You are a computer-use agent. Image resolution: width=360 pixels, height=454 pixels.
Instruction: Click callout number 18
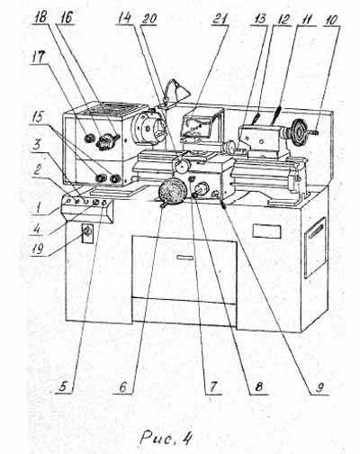tap(40, 17)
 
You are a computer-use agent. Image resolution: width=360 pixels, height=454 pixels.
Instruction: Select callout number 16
tap(66, 17)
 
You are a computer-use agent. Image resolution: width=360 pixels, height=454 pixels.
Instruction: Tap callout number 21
tap(220, 19)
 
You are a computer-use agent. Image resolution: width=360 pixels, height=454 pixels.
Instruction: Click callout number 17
tap(38, 57)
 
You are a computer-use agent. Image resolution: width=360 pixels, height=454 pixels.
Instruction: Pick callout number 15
tap(37, 117)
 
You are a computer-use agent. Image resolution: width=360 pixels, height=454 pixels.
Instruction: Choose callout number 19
tap(39, 248)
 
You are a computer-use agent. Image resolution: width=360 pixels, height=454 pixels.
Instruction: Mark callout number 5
tap(62, 386)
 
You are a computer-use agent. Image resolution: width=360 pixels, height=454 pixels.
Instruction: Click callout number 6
tap(123, 387)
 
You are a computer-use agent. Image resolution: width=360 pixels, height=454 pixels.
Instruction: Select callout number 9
tap(319, 388)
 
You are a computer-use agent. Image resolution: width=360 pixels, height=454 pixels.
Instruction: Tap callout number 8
tap(258, 387)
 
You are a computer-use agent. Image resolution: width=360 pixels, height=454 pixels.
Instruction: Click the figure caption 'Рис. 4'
tap(166, 438)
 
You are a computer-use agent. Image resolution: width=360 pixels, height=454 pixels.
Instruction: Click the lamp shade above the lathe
tap(182, 91)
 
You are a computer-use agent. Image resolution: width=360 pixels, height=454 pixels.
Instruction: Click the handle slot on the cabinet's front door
tap(185, 258)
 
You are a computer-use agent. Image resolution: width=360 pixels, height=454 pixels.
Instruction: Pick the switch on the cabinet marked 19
tap(87, 232)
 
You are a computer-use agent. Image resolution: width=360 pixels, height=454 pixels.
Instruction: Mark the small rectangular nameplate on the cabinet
tap(266, 232)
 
